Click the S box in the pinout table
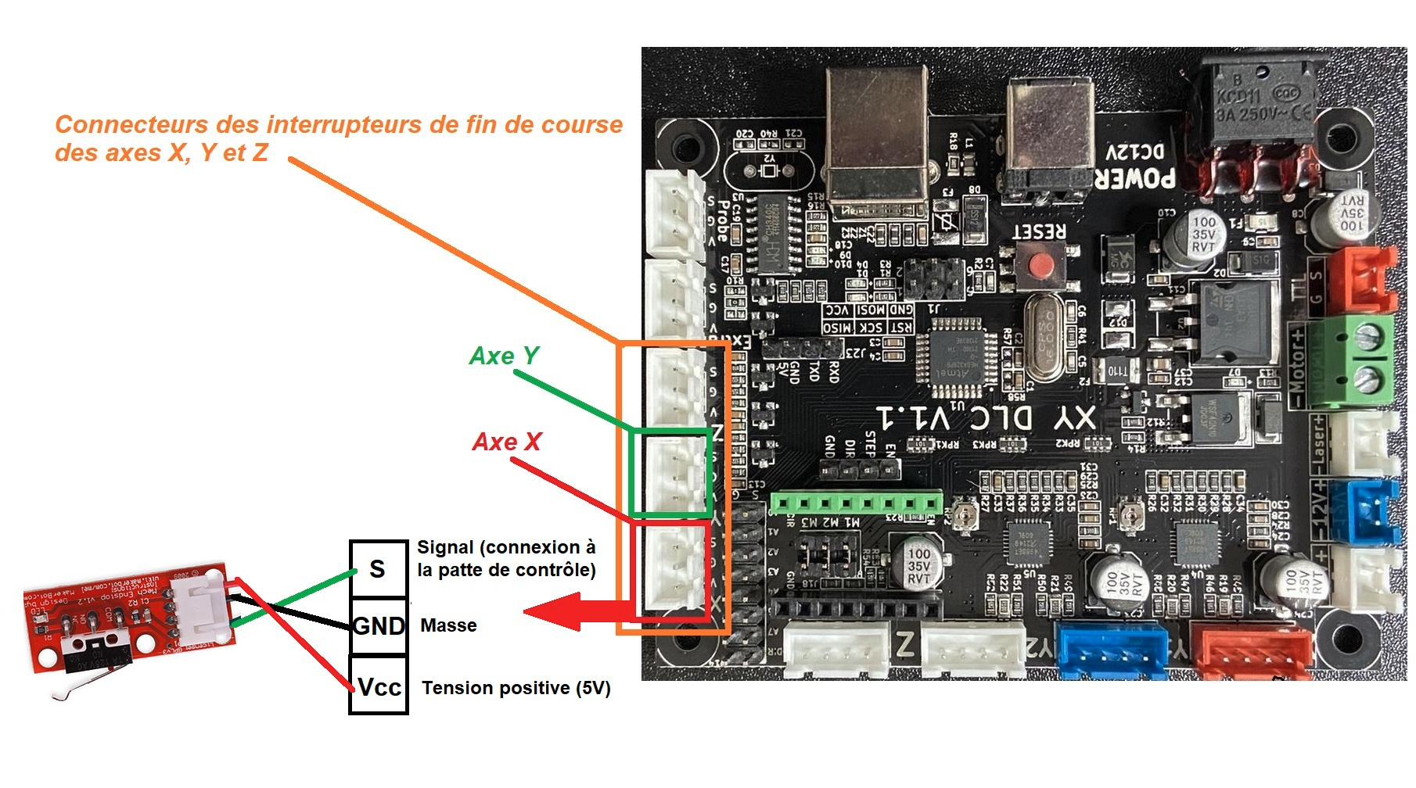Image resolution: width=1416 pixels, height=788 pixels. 378,569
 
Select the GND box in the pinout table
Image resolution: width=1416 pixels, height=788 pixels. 379,626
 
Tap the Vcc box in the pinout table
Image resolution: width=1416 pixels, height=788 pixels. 379,686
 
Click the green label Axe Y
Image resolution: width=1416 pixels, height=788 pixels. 504,356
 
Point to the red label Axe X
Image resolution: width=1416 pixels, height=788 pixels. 507,442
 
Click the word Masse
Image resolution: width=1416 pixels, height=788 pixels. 448,625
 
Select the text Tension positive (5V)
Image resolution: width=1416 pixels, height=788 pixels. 516,688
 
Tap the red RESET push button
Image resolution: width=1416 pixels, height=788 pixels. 1039,265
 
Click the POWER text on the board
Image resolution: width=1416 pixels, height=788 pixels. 1134,179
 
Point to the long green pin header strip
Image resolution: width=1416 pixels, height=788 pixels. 857,501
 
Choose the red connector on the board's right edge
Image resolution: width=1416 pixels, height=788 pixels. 1369,280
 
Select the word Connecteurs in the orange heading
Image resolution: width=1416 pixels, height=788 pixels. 131,125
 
